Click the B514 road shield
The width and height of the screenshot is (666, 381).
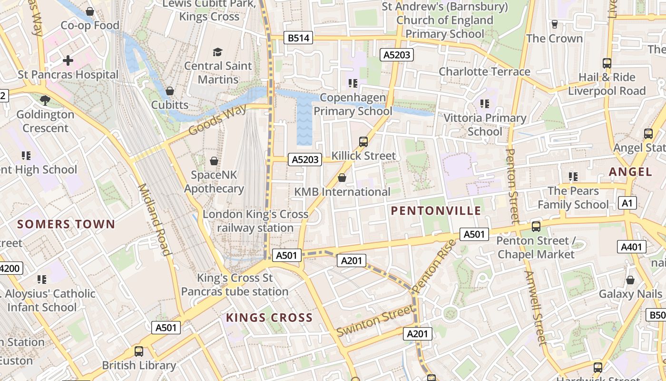[299, 38]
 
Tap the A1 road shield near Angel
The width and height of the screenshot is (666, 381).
[628, 203]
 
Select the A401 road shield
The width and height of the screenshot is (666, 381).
[632, 247]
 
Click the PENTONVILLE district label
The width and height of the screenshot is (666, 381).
[436, 211]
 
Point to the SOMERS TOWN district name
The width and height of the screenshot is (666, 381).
[66, 224]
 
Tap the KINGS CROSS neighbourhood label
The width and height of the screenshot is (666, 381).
[269, 318]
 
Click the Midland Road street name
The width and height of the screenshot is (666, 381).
[154, 219]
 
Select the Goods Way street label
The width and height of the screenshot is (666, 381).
[217, 120]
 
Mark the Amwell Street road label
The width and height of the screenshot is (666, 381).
[535, 307]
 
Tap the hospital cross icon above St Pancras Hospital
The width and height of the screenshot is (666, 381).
[68, 60]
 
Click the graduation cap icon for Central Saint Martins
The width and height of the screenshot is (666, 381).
[217, 52]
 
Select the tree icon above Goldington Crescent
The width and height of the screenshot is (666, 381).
[45, 100]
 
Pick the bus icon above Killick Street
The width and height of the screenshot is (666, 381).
[363, 141]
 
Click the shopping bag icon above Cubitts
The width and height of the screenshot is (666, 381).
[170, 90]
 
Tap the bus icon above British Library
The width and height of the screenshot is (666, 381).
[139, 351]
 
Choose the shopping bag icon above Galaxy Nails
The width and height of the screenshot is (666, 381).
[630, 280]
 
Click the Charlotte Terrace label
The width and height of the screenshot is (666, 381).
[484, 71]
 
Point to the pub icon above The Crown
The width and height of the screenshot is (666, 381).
[554, 24]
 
